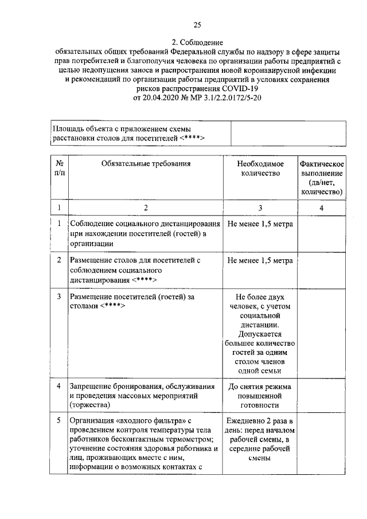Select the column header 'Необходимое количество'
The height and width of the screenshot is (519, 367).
tap(260, 168)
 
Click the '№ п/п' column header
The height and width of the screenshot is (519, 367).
tap(59, 168)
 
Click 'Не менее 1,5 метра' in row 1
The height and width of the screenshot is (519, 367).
tap(260, 224)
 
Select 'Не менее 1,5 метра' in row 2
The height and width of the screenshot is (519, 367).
tap(260, 260)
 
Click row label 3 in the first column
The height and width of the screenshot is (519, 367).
tap(59, 296)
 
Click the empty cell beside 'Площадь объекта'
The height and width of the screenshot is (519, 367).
tap(288, 134)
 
